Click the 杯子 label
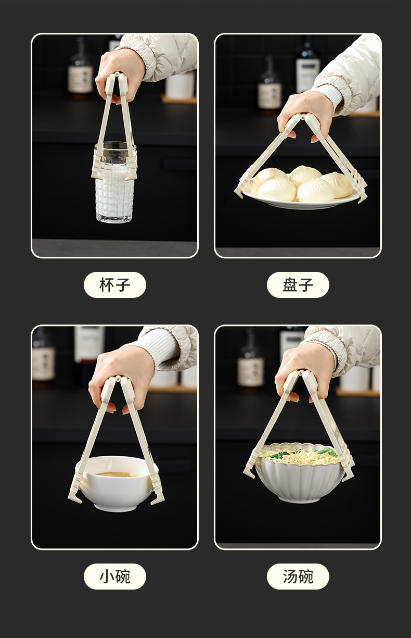coord(114,285)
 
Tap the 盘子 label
coord(298,285)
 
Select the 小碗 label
coord(114,577)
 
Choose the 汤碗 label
coord(298,577)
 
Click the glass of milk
coord(114,182)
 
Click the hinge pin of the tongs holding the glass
coord(117,74)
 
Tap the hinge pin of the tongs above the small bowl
coord(118,378)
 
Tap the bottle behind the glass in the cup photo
coord(81,68)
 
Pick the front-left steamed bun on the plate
coord(277,189)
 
